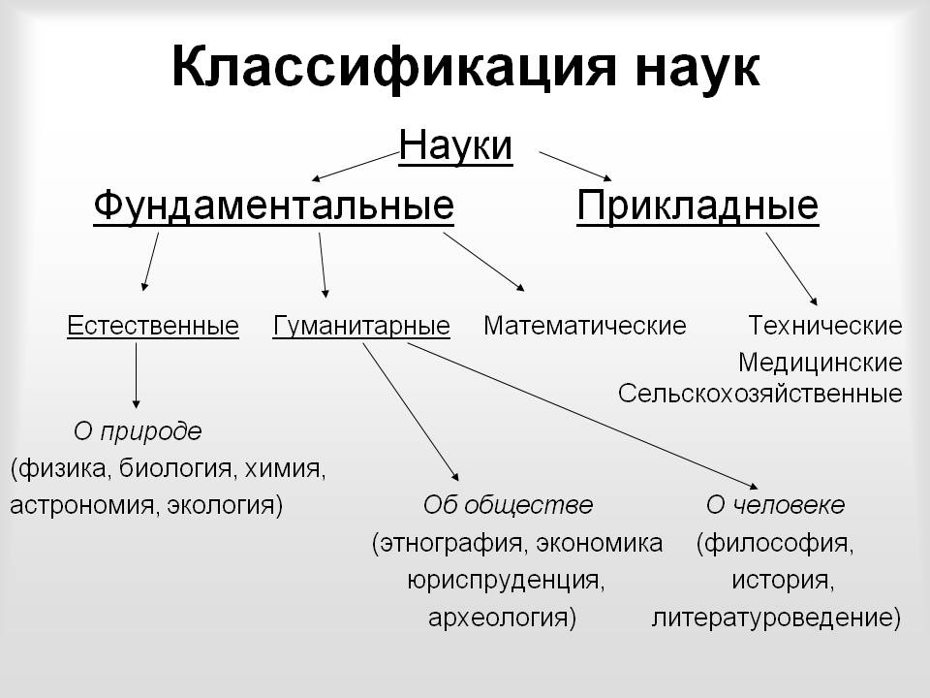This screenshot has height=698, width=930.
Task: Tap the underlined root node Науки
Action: (455, 145)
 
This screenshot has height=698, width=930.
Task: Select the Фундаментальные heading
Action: (273, 206)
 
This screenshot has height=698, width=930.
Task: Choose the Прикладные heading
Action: (697, 206)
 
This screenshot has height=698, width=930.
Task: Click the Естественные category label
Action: (153, 326)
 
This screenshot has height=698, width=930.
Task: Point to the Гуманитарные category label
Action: (361, 327)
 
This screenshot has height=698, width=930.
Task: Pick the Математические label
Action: (585, 326)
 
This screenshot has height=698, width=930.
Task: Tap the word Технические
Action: (825, 326)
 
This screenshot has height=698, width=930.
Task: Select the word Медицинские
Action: (821, 363)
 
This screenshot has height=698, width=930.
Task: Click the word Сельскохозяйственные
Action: (760, 394)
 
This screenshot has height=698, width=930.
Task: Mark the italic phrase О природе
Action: (138, 431)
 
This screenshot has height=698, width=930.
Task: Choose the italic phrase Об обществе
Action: (508, 505)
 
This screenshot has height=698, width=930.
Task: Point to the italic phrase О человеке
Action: (775, 505)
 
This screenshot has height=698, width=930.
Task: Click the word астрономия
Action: (82, 506)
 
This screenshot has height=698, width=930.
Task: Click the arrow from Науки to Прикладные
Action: (575, 166)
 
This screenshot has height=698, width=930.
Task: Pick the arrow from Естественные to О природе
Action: (136, 376)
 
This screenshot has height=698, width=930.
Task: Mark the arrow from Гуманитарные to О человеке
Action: (583, 416)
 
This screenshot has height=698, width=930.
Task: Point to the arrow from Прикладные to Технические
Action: (791, 269)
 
